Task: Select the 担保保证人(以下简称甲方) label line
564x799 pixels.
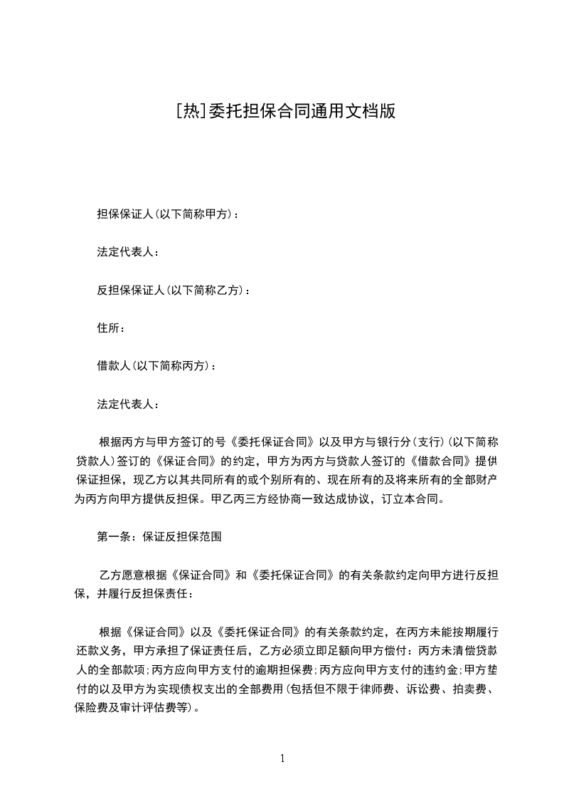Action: click(168, 214)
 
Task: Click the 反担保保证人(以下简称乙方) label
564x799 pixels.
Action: click(174, 290)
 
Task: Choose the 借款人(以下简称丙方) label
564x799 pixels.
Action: click(156, 366)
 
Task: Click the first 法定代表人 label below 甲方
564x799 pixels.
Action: click(128, 252)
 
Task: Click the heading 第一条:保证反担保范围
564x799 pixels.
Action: click(159, 537)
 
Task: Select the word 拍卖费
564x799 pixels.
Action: click(476, 689)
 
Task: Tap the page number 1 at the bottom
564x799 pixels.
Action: click(282, 758)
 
